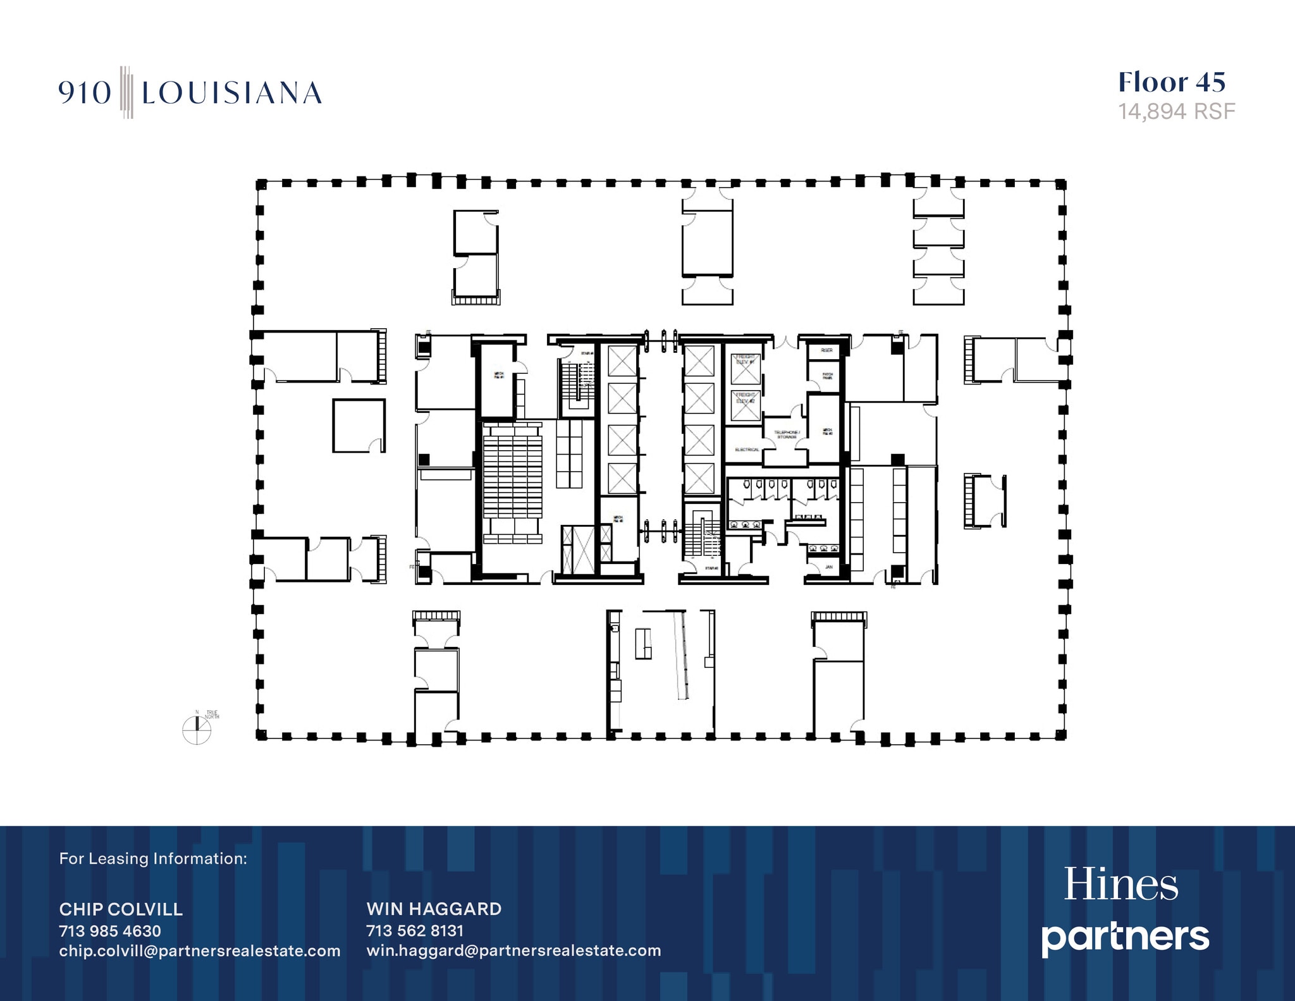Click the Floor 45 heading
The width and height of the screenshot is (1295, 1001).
click(1172, 82)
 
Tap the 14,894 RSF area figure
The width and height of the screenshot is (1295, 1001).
click(1176, 112)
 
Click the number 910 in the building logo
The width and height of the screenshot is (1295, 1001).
click(85, 94)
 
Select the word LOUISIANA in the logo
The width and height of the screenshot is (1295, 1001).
click(231, 94)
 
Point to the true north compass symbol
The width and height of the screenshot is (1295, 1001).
click(197, 730)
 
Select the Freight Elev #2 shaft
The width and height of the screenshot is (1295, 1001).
click(745, 405)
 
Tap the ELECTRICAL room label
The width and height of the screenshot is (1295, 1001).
click(747, 450)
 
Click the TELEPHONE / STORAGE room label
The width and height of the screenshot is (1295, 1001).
click(787, 434)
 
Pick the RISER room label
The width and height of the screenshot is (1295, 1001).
click(826, 350)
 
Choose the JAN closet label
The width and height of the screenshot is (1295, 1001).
click(828, 567)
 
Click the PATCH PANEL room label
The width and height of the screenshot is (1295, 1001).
click(827, 376)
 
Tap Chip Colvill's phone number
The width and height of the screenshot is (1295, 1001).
click(110, 931)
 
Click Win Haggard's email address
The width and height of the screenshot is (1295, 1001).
click(513, 950)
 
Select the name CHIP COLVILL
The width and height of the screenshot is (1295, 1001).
click(121, 909)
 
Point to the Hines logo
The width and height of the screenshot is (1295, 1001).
click(1120, 885)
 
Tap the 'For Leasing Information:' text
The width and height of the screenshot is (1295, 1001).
click(153, 859)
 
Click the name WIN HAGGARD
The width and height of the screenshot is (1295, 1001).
click(434, 909)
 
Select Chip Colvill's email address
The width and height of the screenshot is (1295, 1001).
click(200, 950)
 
